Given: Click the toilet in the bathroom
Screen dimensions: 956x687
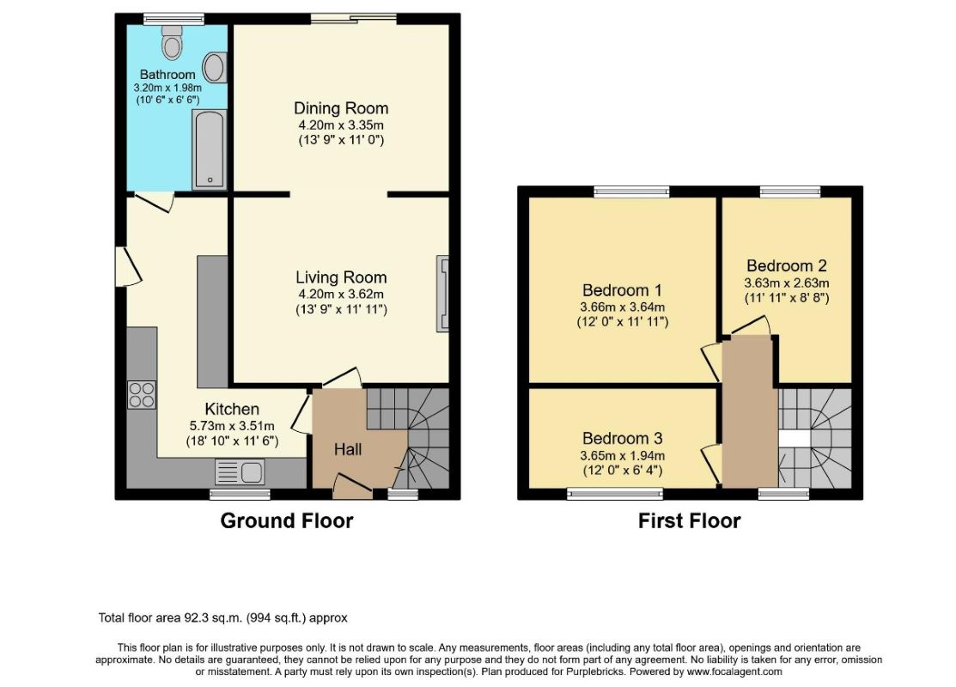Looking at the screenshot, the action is click(173, 41).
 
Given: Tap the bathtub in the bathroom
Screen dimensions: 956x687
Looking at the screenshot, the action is click(209, 149).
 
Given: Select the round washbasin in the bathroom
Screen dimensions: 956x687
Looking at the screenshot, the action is click(215, 67).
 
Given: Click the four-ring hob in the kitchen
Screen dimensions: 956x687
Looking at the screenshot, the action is click(142, 394).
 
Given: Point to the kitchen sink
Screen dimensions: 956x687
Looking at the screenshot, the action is click(240, 472).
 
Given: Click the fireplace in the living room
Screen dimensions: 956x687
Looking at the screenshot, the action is click(442, 294).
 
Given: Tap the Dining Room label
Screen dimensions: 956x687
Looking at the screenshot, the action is click(341, 108).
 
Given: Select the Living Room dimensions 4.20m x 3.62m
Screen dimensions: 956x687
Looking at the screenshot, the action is click(341, 294).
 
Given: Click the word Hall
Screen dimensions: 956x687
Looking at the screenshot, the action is click(348, 450).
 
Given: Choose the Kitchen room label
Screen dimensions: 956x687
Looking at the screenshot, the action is click(232, 409).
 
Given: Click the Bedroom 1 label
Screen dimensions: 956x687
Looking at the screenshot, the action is click(622, 290).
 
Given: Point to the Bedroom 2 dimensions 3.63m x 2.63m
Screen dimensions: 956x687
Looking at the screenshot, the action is click(787, 283).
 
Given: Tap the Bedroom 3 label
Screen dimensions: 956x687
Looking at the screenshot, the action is click(622, 438).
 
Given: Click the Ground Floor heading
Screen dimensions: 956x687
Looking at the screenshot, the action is click(287, 521).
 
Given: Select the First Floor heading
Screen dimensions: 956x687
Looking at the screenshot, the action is click(689, 521).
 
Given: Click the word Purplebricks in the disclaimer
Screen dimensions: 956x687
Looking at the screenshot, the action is click(595, 672).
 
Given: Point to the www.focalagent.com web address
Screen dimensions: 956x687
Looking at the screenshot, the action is click(734, 672).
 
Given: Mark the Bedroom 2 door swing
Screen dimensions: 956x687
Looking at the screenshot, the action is click(751, 325).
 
